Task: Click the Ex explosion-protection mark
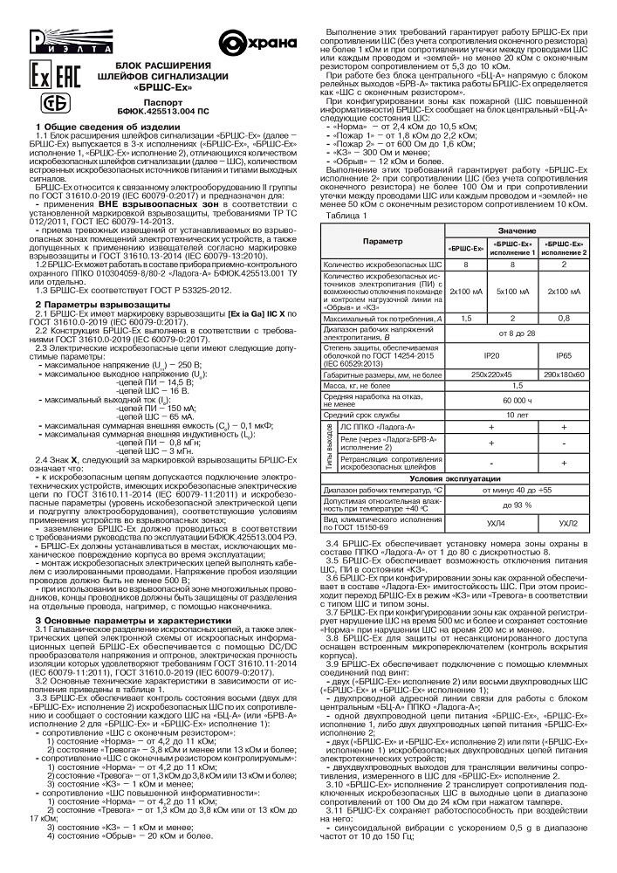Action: coord(40,72)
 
